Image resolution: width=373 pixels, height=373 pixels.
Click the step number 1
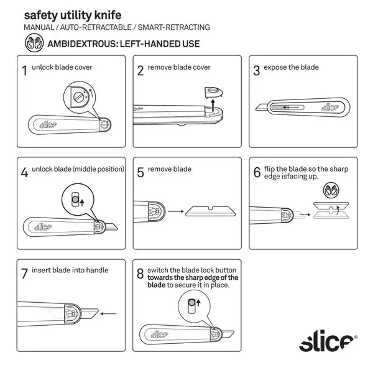pos(24,71)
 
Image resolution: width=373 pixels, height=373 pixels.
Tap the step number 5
pos(140,172)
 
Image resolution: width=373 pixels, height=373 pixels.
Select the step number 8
pos(140,274)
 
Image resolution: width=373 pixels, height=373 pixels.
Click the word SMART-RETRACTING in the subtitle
pos(176,27)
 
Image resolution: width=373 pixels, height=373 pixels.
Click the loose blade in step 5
pos(208,212)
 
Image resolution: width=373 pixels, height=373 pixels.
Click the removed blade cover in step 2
pos(212,92)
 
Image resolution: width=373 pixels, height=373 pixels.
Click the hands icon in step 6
pos(331,191)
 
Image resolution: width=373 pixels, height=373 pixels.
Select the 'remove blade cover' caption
pos(182,67)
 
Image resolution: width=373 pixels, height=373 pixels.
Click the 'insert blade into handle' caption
pos(70,270)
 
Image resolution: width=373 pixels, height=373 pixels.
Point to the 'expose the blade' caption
pos(291,67)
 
